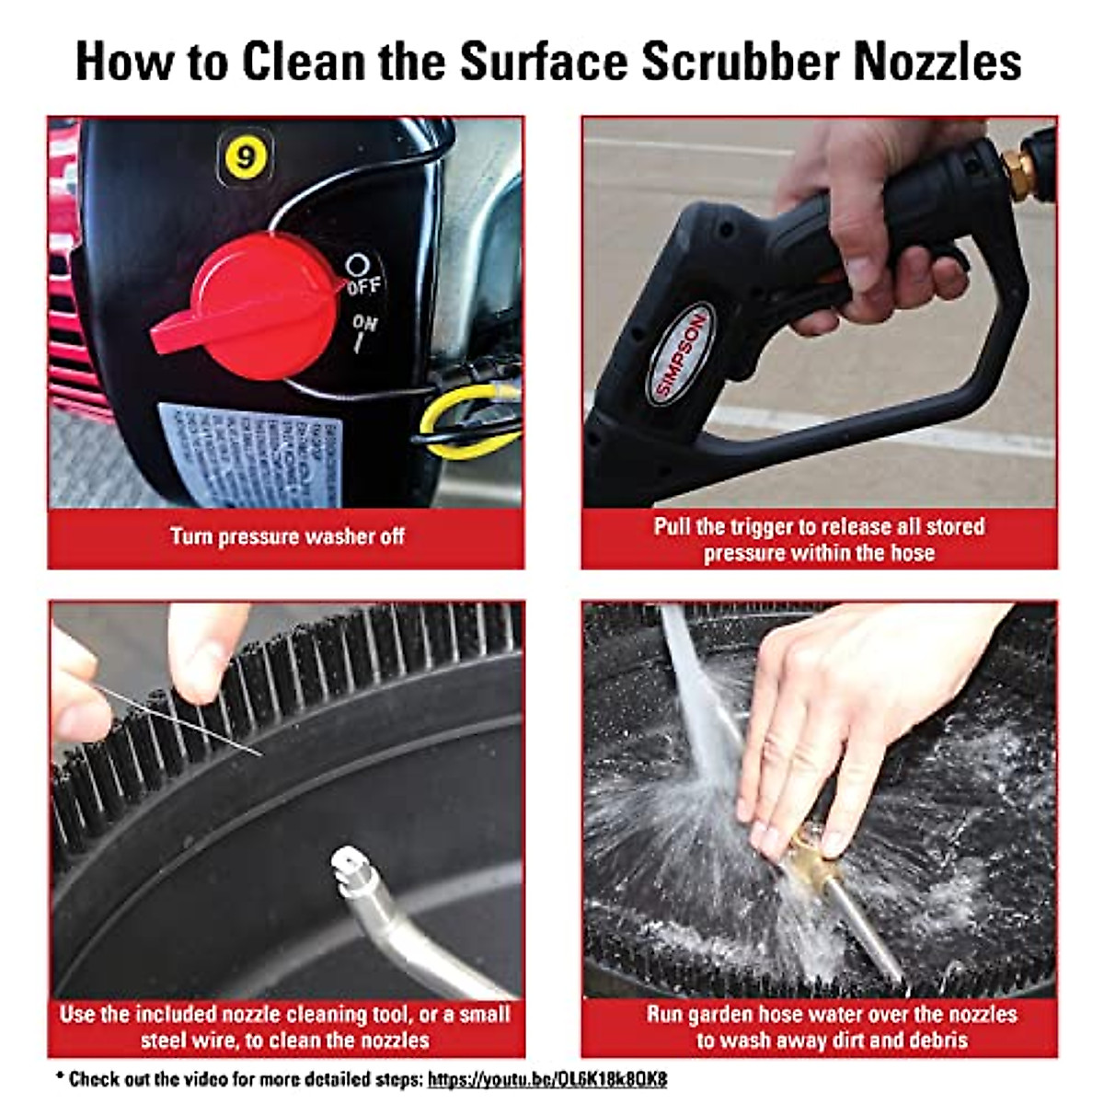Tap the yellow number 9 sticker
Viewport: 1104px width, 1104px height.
tap(245, 156)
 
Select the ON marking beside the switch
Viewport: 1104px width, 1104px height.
tap(364, 331)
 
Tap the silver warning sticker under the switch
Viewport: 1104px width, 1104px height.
tap(248, 455)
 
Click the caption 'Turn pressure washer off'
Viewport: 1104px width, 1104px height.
tap(287, 536)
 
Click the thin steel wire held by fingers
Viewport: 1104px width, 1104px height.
tap(184, 722)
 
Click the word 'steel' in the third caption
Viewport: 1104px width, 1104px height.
tap(165, 1041)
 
